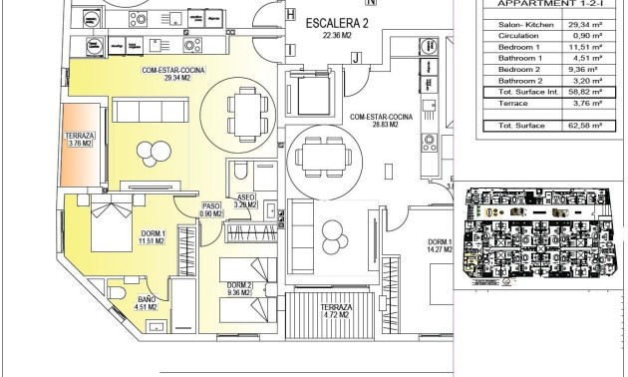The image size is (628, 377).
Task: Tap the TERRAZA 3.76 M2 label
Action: [x=79, y=139]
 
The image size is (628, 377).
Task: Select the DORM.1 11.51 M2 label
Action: [x=153, y=236]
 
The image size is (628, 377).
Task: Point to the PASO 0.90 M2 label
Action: [x=209, y=209]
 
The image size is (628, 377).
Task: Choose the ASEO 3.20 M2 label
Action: [x=246, y=201]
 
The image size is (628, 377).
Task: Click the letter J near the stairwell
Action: [x=354, y=58]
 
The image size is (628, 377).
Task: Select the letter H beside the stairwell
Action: [x=290, y=15]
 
